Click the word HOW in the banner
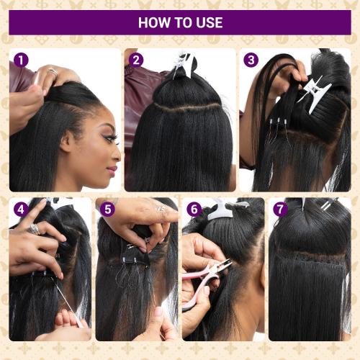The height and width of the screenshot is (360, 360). [153, 22]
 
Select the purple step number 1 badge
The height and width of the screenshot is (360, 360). [21, 60]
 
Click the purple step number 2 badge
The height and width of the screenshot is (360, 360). [137, 60]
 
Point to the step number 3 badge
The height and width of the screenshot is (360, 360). [251, 60]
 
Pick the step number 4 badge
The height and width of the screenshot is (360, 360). [21, 210]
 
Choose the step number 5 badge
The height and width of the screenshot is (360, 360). [108, 210]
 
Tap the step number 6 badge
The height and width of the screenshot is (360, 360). [194, 210]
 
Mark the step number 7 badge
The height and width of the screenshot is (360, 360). [280, 210]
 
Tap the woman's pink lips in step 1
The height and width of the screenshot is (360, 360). [112, 170]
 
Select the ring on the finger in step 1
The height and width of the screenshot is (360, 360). [53, 71]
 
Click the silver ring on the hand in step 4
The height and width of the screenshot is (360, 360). [34, 229]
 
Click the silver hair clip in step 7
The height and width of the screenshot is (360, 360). [326, 206]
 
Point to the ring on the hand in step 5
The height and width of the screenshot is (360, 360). [161, 210]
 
